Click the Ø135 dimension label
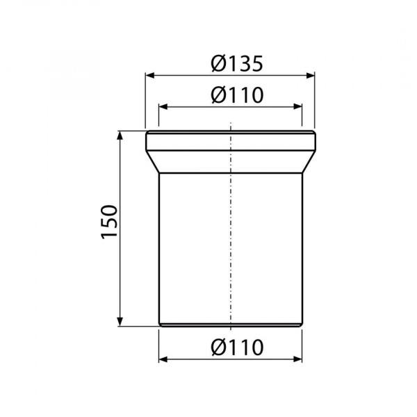[x=237, y=63]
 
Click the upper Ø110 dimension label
[x=237, y=95]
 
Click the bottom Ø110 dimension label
[x=237, y=347]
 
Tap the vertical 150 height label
[x=109, y=222]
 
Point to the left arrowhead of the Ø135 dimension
[x=150, y=76]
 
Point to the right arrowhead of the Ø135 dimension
[x=310, y=76]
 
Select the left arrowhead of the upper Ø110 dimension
[x=163, y=107]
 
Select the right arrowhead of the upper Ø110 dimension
[x=297, y=107]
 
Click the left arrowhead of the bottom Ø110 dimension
[x=163, y=359]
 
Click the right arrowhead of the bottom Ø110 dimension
[x=297, y=359]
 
